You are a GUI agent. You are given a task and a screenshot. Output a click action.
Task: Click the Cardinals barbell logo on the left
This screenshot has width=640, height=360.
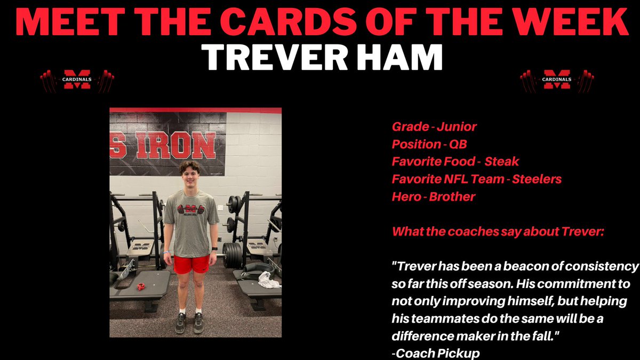click(x=77, y=80)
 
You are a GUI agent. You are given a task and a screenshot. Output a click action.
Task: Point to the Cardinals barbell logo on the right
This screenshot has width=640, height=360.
click(x=557, y=80)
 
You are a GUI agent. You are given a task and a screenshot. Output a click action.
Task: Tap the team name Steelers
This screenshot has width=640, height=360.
click(x=537, y=179)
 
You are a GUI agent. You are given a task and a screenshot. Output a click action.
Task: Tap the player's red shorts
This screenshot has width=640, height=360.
click(x=191, y=263)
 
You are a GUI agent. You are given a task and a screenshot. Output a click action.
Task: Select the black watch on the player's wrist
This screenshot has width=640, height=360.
click(x=214, y=249)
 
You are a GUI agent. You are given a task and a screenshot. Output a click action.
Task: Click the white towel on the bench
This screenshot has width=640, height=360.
click(x=269, y=280)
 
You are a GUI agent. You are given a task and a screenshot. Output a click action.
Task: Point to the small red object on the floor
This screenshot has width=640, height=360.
click(x=141, y=287)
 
